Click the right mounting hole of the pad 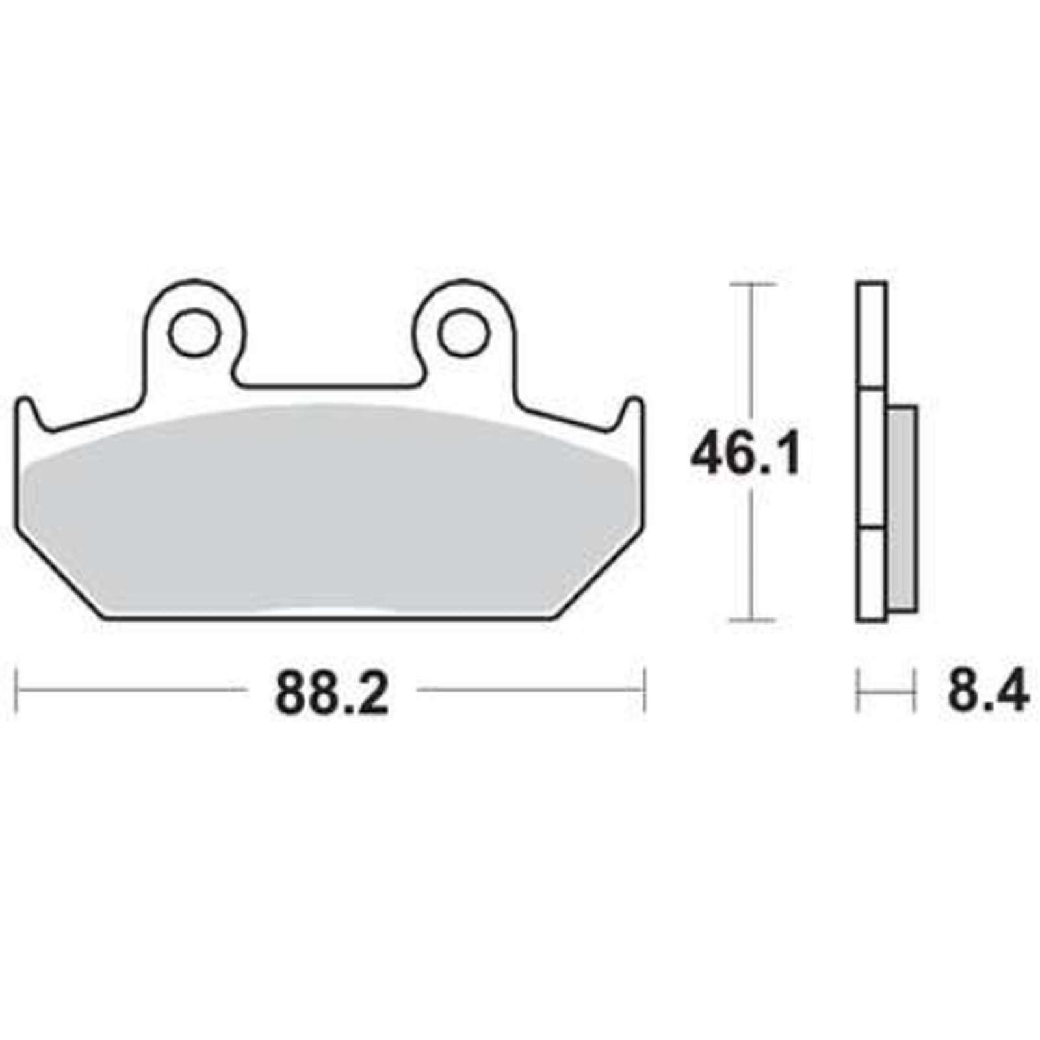pyautogui.click(x=463, y=333)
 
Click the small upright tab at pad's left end pyautogui.click(x=25, y=413)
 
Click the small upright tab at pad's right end pyautogui.click(x=633, y=413)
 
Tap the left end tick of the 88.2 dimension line pyautogui.click(x=16, y=689)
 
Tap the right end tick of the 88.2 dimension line pyautogui.click(x=644, y=689)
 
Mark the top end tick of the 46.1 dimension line pyautogui.click(x=752, y=285)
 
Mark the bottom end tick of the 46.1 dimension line pyautogui.click(x=752, y=621)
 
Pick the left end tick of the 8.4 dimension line pyautogui.click(x=858, y=690)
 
